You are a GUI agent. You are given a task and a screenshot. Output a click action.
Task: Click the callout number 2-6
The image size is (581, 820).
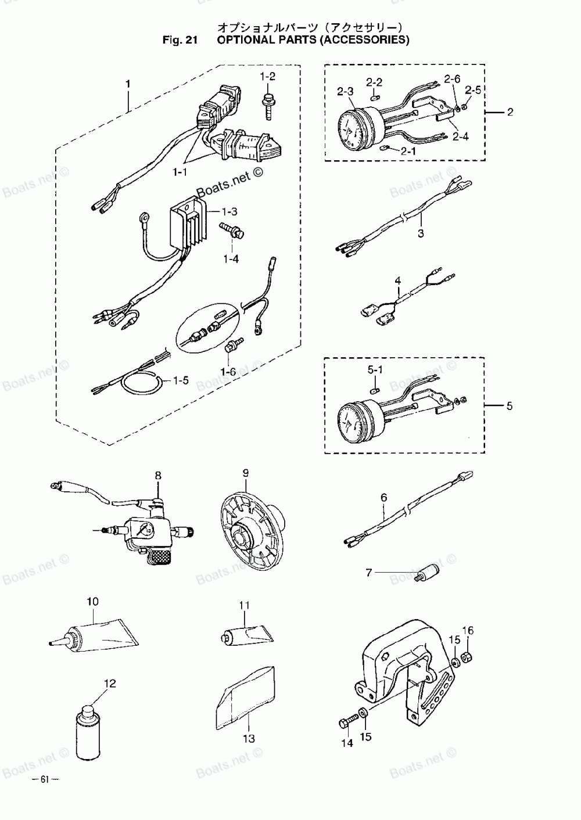[x=453, y=78]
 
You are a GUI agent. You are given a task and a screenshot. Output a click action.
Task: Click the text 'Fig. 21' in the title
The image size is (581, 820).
[x=181, y=40]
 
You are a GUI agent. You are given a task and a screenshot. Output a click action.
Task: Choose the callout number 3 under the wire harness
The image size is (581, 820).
[x=421, y=233]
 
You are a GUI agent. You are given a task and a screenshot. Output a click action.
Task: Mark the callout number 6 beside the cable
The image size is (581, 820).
[x=383, y=497]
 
